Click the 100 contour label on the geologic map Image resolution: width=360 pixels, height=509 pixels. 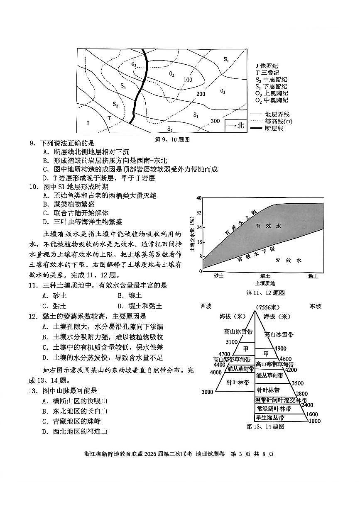[188, 80]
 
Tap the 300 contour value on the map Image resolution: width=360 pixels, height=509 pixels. [215, 121]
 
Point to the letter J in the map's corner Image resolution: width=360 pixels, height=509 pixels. [88, 123]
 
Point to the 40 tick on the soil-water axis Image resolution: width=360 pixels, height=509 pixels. [199, 198]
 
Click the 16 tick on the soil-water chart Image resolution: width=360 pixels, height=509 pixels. [199, 242]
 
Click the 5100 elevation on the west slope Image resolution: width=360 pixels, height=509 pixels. [232, 342]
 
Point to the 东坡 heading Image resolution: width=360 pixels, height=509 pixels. [315, 307]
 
